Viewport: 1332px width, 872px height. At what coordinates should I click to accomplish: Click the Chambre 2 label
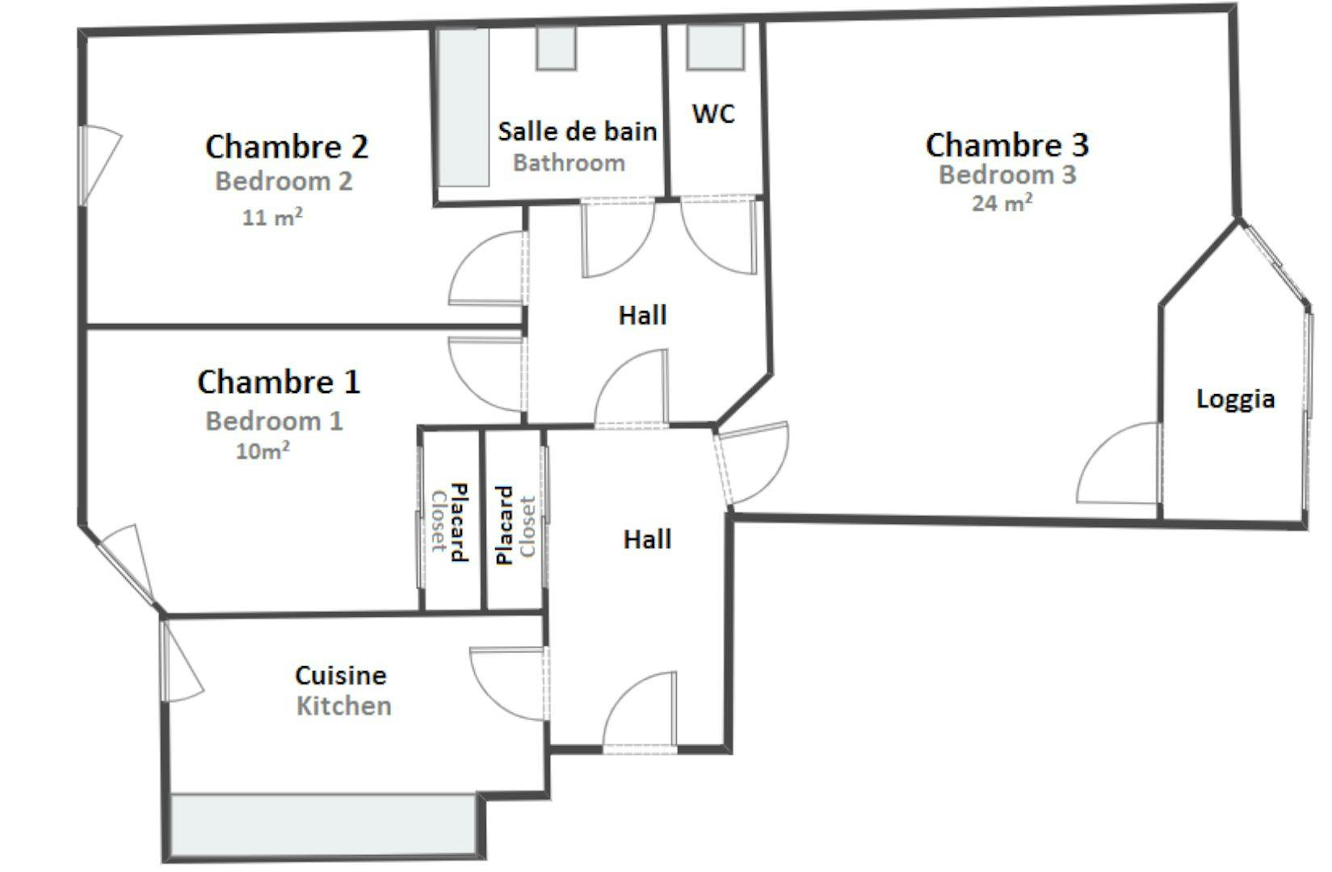(287, 146)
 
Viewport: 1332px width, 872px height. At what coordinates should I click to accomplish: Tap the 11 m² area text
(271, 217)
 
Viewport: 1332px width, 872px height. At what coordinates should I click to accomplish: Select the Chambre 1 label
(279, 382)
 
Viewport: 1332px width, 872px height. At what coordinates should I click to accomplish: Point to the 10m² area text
(263, 451)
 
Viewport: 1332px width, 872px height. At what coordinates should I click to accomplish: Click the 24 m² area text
(1002, 203)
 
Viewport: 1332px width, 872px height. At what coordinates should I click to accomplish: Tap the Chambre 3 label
(1007, 145)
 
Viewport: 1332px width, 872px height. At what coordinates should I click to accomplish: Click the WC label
(713, 114)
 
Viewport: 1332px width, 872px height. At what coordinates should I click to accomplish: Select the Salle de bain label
(578, 132)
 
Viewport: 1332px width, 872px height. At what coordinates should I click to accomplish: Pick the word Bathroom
(569, 163)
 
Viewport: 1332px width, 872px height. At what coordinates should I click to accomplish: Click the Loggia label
(1236, 399)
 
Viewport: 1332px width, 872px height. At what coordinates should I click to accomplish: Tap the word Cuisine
(341, 675)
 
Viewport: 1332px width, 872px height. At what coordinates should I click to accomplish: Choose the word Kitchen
(344, 706)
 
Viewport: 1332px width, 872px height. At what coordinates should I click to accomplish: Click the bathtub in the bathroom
(464, 107)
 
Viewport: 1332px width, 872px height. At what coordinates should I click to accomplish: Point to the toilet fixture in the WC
(716, 47)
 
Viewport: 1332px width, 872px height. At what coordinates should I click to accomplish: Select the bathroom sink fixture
(557, 48)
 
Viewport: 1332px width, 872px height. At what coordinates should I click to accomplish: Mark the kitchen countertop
(324, 824)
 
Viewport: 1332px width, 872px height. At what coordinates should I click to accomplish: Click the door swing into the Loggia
(1119, 463)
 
